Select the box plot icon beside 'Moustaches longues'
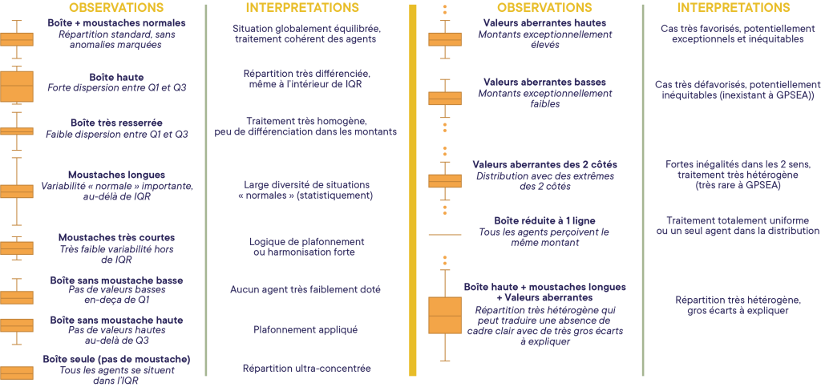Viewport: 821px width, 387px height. click(x=16, y=191)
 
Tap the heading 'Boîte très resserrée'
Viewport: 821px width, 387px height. click(x=116, y=123)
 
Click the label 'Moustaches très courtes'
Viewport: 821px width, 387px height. click(x=116, y=237)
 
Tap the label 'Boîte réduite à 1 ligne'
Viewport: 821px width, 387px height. click(x=544, y=220)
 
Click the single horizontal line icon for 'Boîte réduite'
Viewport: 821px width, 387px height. click(x=445, y=234)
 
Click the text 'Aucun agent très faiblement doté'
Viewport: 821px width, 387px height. click(x=305, y=289)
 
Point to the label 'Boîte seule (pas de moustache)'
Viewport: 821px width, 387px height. click(x=116, y=359)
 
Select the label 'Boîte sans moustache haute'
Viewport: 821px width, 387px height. click(x=116, y=320)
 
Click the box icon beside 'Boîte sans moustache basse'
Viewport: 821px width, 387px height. click(x=16, y=296)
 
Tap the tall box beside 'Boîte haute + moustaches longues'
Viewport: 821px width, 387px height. click(x=445, y=315)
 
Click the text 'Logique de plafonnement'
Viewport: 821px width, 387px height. click(x=306, y=241)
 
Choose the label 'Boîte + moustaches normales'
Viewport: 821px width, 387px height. click(x=116, y=23)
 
